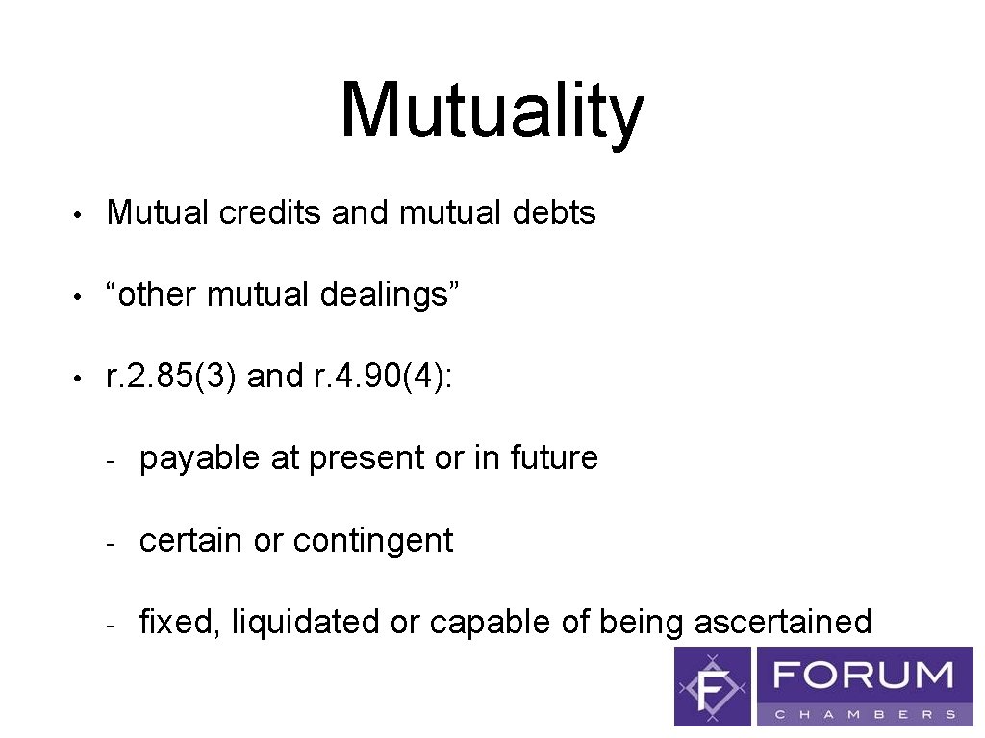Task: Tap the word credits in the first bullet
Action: [270, 212]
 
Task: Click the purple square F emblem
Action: [713, 686]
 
